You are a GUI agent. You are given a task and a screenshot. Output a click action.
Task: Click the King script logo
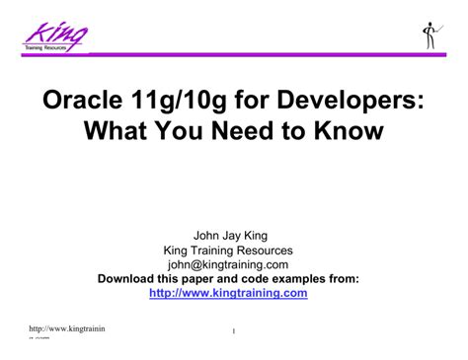[x=56, y=34]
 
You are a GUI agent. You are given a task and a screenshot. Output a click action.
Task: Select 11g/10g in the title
[x=188, y=102]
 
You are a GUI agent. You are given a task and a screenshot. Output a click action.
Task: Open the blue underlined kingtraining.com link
[x=228, y=293]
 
